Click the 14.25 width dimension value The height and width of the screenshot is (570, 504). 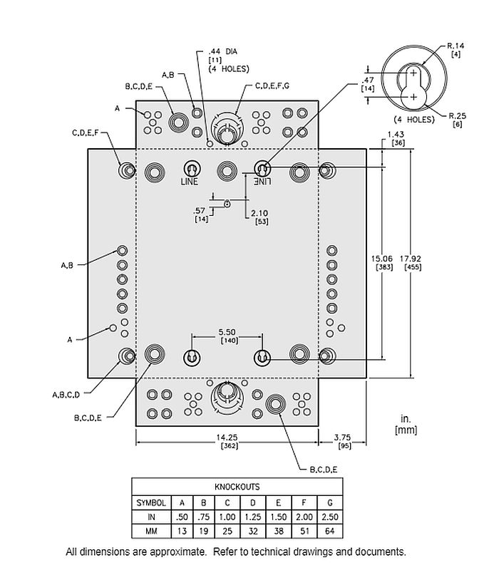coord(227,436)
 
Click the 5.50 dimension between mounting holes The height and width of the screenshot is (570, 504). coord(227,332)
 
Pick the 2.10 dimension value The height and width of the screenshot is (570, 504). coord(260,213)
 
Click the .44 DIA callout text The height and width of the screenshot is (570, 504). coord(223,52)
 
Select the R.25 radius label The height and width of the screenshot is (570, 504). coord(456,115)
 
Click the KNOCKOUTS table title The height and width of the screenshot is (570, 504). coord(237,487)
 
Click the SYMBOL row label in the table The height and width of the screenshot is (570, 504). coord(151,502)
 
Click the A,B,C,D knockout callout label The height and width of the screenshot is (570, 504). coord(66,394)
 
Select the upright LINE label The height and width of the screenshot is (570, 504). coord(189,182)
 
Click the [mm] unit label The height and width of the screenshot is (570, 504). coord(406,430)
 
